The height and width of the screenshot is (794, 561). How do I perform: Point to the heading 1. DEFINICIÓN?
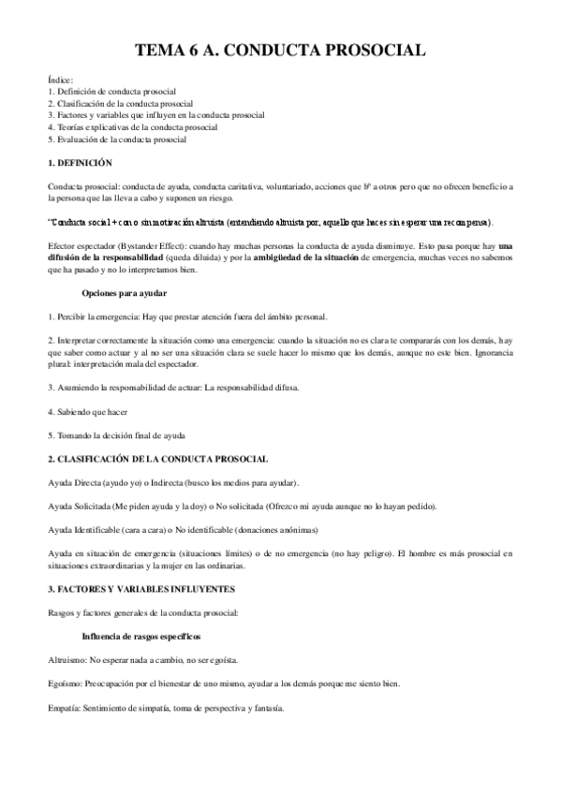click(x=85, y=162)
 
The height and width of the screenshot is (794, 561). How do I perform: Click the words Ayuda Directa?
click(x=72, y=481)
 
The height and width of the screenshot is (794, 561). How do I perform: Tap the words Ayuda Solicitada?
click(x=77, y=506)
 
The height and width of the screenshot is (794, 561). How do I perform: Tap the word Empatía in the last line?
click(x=63, y=707)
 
